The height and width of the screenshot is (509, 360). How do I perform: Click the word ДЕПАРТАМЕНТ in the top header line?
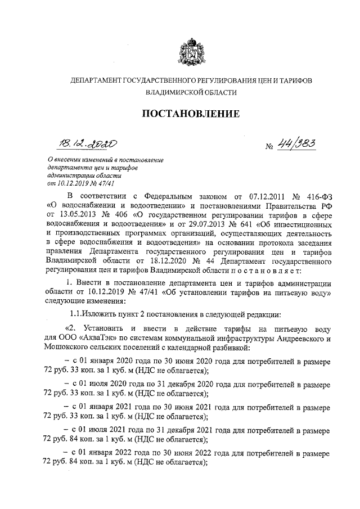point(99,81)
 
